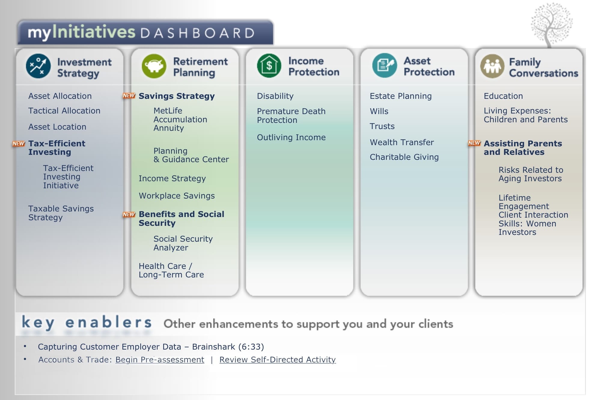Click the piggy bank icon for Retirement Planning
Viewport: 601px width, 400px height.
coord(154,66)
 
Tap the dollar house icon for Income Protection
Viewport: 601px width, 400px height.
coord(269,65)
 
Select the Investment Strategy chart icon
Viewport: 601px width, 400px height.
coord(38,66)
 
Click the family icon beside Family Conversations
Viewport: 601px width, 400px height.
coord(492,66)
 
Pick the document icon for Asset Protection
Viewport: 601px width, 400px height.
coord(384,65)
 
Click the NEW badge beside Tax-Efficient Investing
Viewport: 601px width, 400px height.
coord(19,144)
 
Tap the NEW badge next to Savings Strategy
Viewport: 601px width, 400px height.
coord(129,95)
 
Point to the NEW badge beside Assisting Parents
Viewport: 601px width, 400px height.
coord(474,143)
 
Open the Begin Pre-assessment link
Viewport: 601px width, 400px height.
coord(160,359)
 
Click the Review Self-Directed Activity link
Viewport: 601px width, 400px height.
coord(277,359)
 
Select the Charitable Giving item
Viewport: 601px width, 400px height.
coord(404,157)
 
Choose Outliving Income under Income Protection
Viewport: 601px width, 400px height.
coord(291,137)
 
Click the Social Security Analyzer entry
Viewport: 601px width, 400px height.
coord(183,243)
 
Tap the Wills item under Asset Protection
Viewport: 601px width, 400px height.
coord(379,111)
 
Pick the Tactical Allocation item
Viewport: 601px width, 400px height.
coord(64,111)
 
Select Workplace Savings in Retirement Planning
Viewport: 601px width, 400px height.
coord(177,196)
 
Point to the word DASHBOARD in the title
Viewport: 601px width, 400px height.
coord(198,33)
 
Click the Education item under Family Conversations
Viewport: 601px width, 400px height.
coord(503,96)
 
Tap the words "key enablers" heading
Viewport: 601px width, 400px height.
coord(87,322)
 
